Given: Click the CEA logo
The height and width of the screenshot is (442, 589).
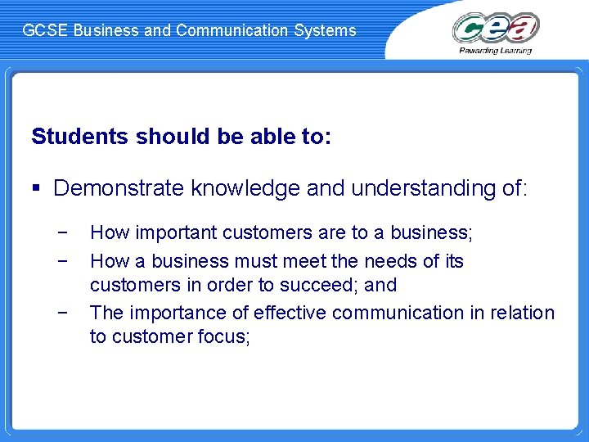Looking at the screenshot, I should pyautogui.click(x=496, y=27).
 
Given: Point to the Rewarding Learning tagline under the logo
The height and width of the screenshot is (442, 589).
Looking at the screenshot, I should pyautogui.click(x=496, y=50).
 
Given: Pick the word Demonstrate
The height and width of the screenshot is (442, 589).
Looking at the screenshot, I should pyautogui.click(x=119, y=188).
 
